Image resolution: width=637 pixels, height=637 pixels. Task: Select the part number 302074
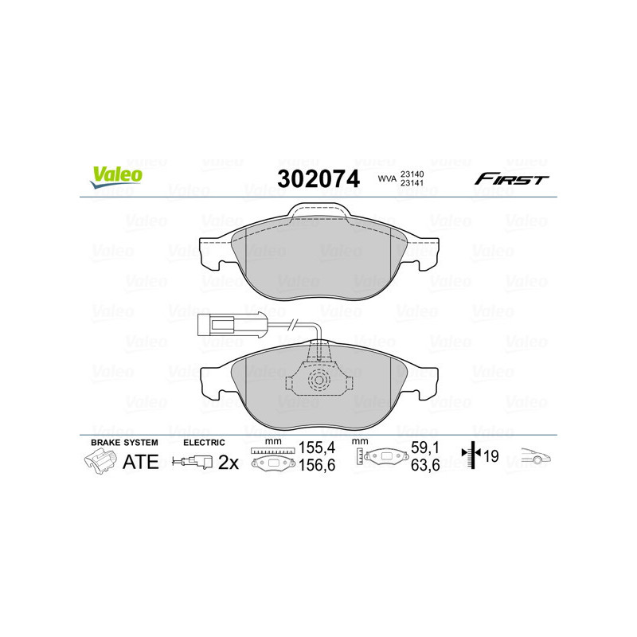click(317, 178)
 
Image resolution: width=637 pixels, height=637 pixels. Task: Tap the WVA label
click(387, 178)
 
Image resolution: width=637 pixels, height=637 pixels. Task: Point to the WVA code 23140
click(413, 174)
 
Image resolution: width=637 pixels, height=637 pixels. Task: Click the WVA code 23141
click(413, 183)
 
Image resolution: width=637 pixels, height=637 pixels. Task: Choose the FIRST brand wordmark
click(511, 179)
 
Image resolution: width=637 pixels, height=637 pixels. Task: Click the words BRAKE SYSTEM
click(124, 442)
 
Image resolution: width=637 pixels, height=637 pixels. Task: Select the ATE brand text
click(141, 462)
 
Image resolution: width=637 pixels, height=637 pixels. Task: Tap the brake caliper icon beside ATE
click(100, 461)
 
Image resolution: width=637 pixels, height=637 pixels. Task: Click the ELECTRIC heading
click(205, 442)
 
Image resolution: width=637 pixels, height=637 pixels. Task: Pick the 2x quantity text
click(229, 462)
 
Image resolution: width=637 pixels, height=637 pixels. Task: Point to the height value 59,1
click(420, 448)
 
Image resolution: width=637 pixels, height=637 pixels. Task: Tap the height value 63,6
click(420, 467)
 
